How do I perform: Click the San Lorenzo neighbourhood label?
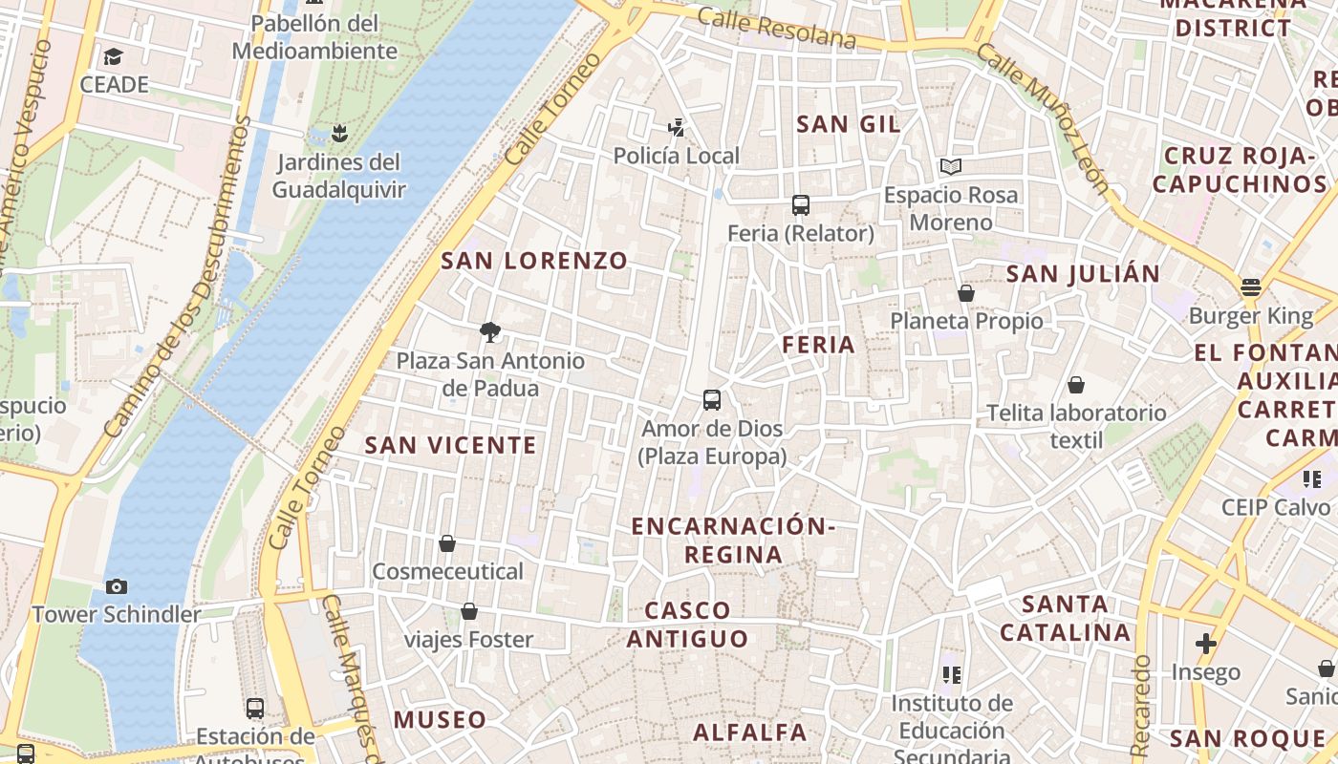534,261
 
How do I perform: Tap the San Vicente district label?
451,445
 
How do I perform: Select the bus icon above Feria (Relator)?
801,205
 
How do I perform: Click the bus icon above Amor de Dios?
712,400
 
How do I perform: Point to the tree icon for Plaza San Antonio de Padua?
490,332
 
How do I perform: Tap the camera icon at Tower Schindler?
117,586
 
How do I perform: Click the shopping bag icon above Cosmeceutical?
447,543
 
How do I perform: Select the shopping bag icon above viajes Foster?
469,611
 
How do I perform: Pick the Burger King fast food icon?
1251,287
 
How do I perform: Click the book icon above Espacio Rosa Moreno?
951,167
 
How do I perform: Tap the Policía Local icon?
677,127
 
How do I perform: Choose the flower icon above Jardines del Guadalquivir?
339,133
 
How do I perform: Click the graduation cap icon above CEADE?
114,56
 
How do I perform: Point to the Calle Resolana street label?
776,29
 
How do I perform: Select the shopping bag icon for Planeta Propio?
966,293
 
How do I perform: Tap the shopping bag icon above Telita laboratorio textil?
1076,385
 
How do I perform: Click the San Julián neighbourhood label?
1083,274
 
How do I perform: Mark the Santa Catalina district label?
1066,618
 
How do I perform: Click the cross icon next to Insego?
1206,644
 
